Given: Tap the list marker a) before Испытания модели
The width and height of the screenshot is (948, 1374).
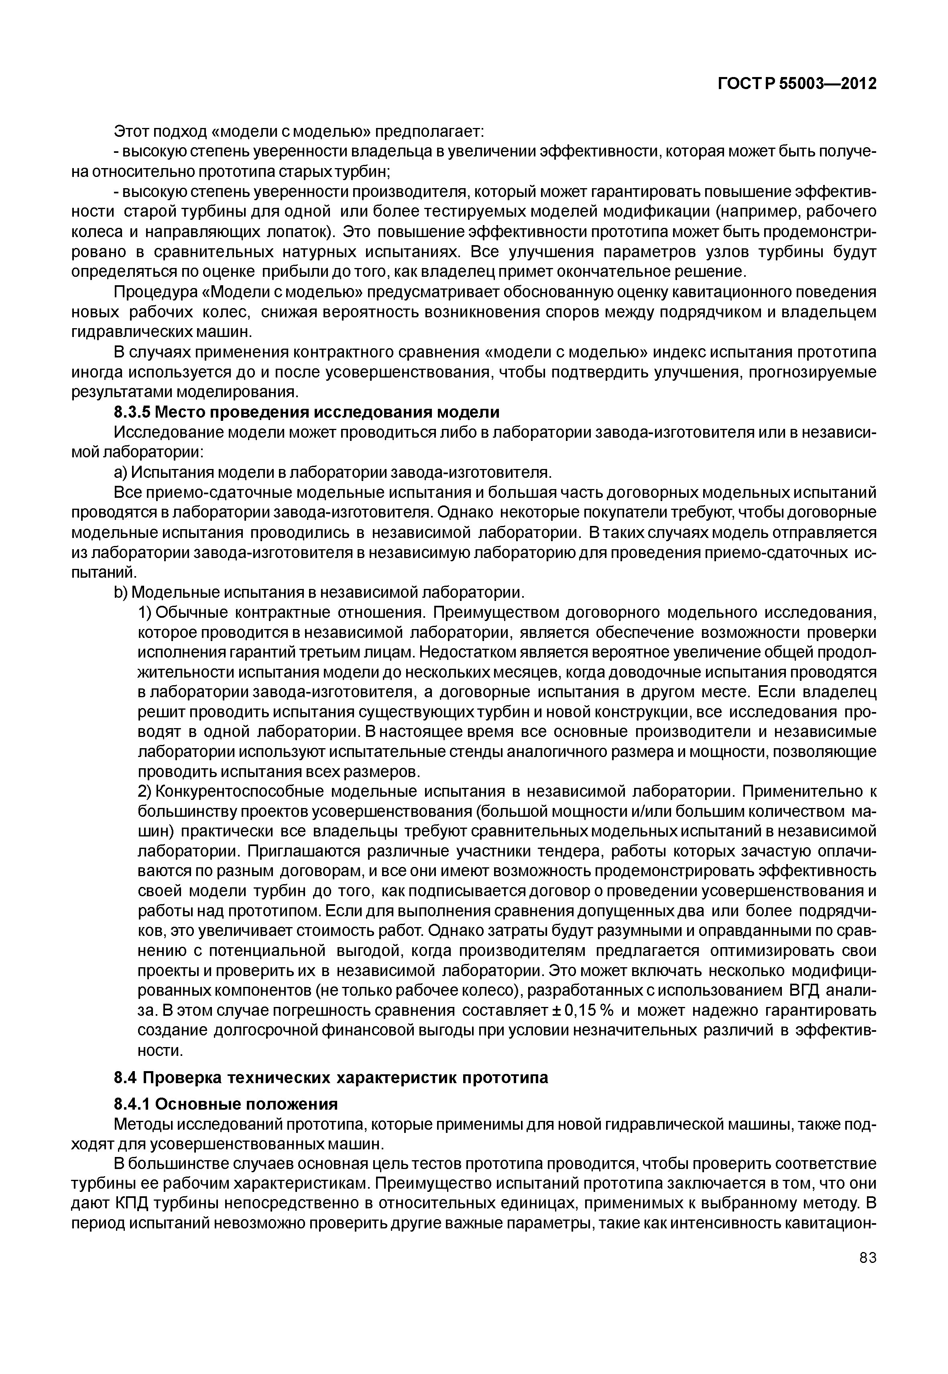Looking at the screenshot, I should [120, 472].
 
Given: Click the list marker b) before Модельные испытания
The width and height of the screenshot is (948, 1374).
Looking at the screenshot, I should [120, 592].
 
